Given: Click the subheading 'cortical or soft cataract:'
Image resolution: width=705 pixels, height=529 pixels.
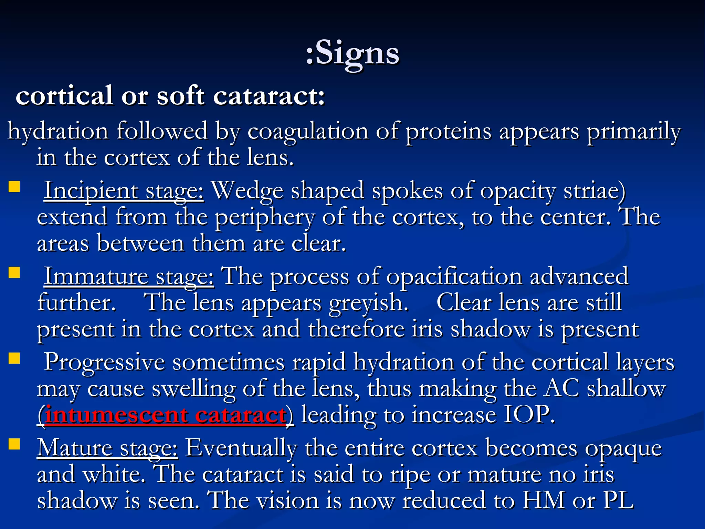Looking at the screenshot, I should coord(170,95).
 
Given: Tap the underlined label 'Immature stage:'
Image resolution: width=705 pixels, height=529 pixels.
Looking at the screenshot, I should coord(129,277).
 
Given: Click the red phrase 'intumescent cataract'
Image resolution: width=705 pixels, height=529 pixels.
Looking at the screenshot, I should coord(166,415).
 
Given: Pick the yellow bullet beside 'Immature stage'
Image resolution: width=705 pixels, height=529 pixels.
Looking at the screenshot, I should coord(14,273).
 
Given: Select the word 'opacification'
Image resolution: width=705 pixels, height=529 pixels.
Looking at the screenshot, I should coord(454,277).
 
